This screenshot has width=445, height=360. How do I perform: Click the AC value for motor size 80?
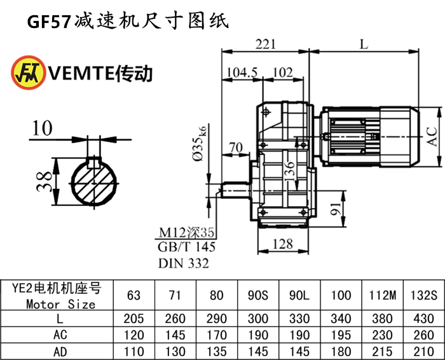coord(216,335)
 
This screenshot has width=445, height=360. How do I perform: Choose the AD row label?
coord(61,351)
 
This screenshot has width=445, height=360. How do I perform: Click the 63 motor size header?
coord(134,296)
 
